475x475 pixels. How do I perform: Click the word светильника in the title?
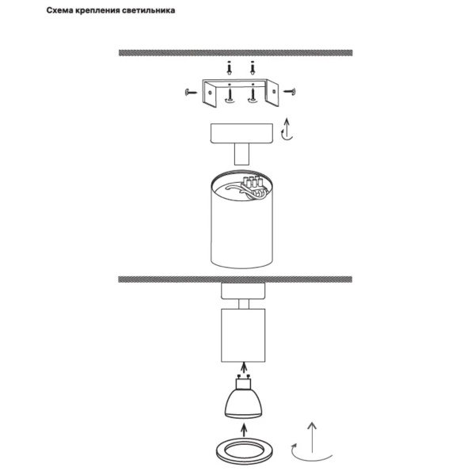149,10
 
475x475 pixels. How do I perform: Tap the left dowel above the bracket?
230,68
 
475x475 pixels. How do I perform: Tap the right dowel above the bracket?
253,68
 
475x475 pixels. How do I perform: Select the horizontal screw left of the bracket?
191,92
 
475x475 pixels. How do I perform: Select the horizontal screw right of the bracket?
289,91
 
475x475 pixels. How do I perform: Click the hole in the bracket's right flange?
274,92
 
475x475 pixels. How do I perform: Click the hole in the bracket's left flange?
210,93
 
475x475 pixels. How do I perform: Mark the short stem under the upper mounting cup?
241,154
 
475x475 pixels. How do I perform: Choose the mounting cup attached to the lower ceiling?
243,291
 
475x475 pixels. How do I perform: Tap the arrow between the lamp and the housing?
243,368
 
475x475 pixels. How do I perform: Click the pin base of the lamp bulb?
243,382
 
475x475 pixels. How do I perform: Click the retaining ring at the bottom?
244,452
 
